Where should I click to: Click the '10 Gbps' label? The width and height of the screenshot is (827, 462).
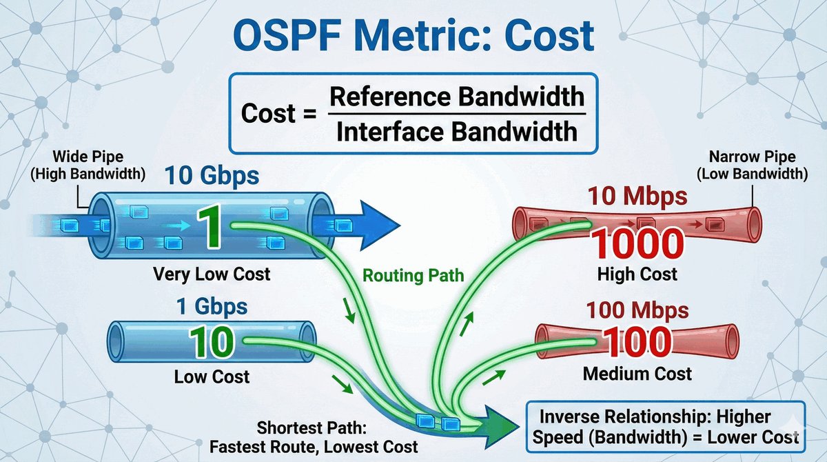[x=212, y=177]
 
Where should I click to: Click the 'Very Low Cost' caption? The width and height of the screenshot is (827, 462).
[x=212, y=274]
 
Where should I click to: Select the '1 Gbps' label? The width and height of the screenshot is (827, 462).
[x=203, y=305]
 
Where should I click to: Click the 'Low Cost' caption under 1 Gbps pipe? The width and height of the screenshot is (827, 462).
[x=212, y=377]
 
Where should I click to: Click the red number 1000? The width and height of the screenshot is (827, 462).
[x=637, y=243]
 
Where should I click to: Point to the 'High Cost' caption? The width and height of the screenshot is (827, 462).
[x=637, y=274]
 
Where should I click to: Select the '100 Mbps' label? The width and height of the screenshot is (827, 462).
[x=637, y=310]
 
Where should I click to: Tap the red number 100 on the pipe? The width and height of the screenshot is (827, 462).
[x=637, y=343]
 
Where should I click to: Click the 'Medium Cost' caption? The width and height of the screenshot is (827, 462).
[x=637, y=374]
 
